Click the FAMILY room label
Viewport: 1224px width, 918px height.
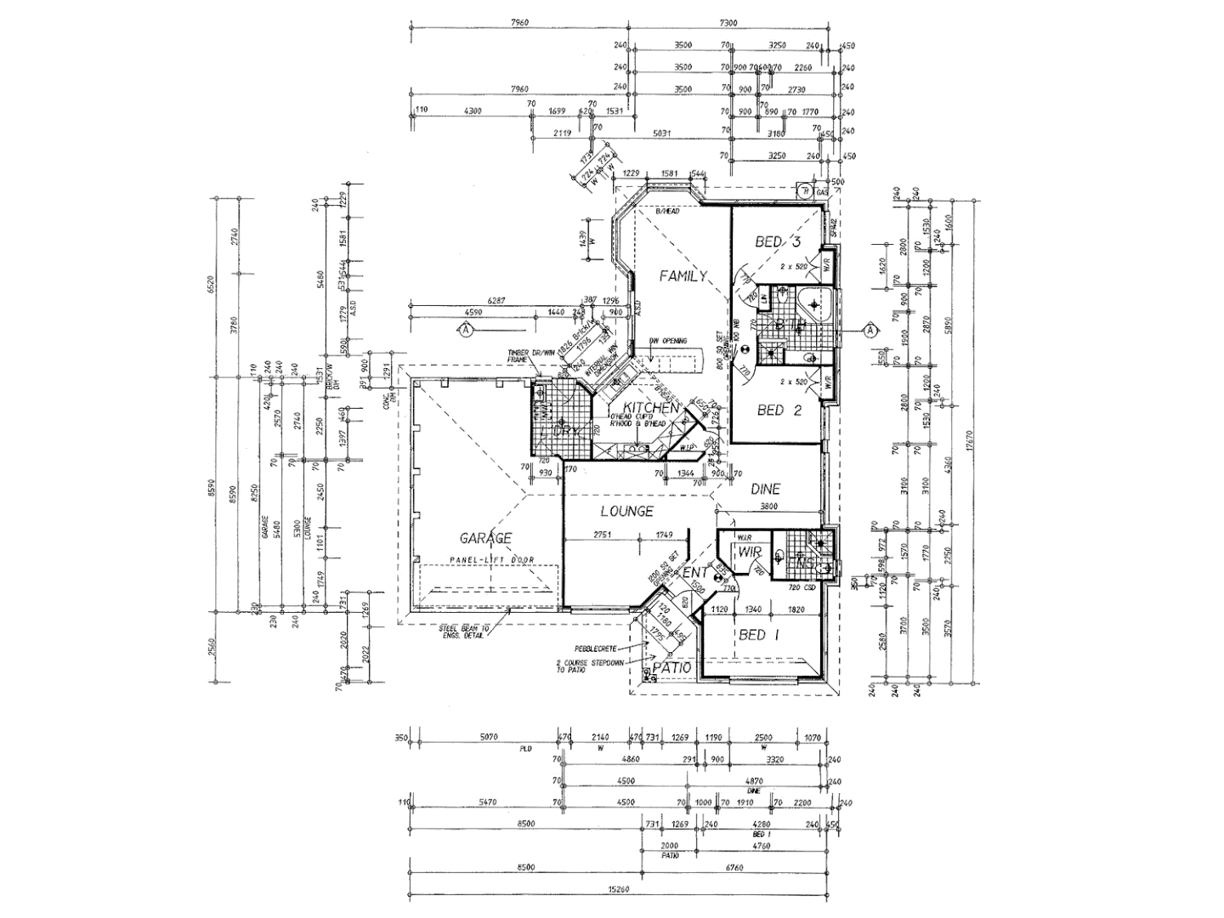684,276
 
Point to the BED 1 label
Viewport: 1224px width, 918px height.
758,635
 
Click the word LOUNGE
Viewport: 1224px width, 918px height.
626,511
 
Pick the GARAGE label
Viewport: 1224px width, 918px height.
485,538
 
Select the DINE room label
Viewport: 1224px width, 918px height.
765,489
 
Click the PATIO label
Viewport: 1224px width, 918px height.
671,669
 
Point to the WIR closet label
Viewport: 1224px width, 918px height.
749,553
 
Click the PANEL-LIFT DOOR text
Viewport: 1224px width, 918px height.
485,561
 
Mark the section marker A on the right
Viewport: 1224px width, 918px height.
870,330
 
